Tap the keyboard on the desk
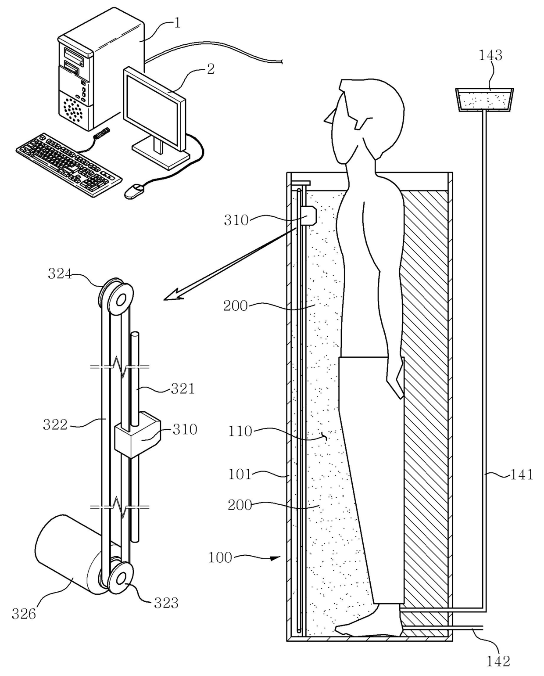(69, 163)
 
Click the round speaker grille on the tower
(73, 110)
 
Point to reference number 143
(490, 55)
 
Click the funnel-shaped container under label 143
(484, 100)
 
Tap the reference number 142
(498, 661)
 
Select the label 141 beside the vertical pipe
(521, 475)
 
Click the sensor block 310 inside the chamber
(310, 216)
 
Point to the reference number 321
(182, 388)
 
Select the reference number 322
(55, 424)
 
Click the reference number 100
(220, 557)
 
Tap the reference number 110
(240, 431)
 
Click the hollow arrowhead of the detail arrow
(172, 295)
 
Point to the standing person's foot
(369, 630)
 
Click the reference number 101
(240, 474)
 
